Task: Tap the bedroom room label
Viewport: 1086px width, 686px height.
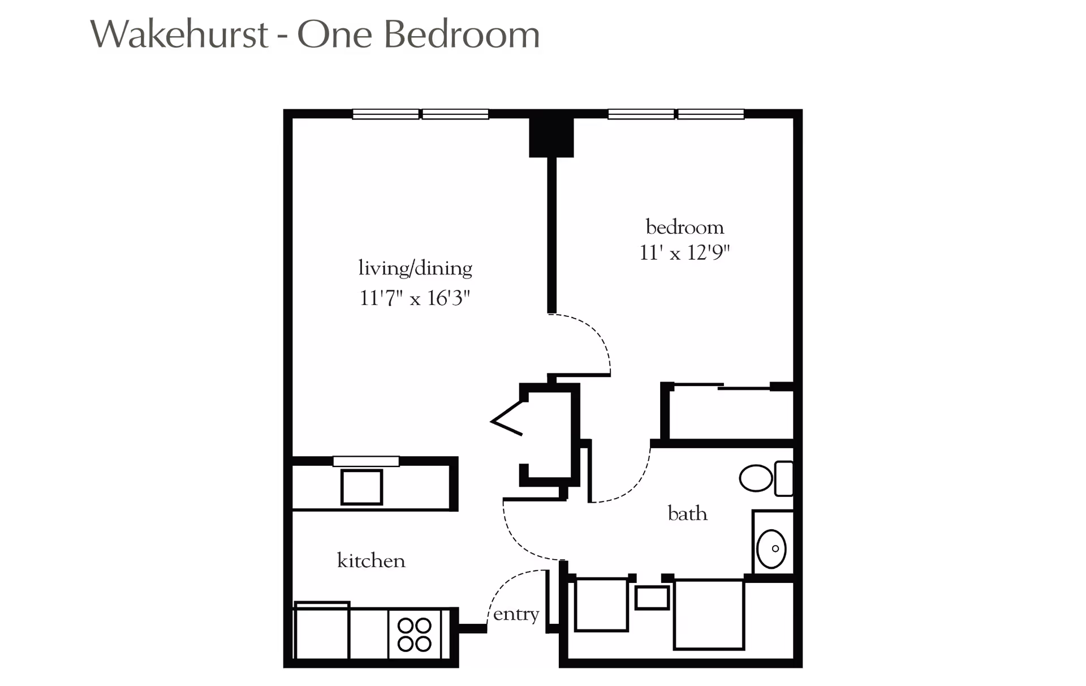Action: [x=684, y=227]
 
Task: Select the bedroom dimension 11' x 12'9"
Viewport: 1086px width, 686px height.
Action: [x=684, y=252]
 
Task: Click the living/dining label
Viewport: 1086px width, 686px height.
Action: [x=415, y=268]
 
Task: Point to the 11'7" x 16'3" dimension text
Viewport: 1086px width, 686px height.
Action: [x=415, y=298]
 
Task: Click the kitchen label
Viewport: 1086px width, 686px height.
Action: [x=371, y=560]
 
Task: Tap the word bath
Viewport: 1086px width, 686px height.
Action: [x=687, y=513]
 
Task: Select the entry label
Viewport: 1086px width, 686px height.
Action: [x=516, y=614]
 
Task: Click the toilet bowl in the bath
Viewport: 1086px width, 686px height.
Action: [x=756, y=478]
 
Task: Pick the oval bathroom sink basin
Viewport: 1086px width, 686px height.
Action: [x=772, y=548]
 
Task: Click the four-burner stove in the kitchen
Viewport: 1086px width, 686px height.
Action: [x=415, y=634]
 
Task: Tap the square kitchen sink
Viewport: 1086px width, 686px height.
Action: [x=361, y=487]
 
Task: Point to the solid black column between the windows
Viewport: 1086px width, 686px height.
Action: [x=551, y=136]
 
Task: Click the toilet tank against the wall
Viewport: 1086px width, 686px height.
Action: [x=784, y=479]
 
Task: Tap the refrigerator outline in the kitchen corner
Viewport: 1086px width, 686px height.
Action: [x=321, y=631]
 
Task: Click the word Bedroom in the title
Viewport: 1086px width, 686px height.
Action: [x=462, y=34]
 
